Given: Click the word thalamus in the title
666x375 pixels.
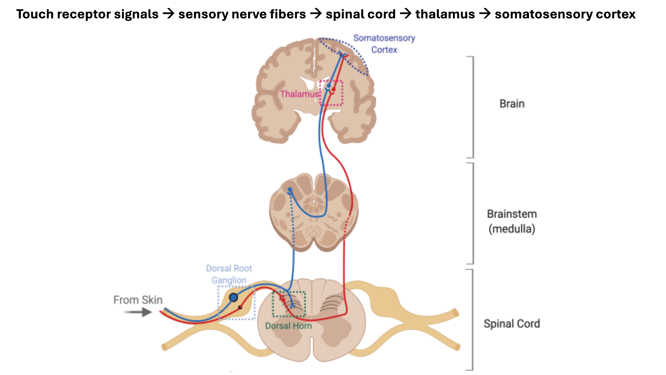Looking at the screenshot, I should tap(445, 14).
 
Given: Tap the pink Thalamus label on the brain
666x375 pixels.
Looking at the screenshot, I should tap(299, 94).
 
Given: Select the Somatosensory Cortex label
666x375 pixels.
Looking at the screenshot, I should tap(384, 44).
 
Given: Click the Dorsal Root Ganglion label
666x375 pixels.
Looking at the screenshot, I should tap(229, 274).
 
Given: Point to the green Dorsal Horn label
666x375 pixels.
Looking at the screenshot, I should tap(288, 326).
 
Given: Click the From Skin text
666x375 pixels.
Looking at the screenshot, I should tap(138, 300).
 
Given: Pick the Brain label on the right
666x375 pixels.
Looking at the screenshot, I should tap(512, 103).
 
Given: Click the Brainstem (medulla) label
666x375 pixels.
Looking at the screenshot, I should tap(512, 221).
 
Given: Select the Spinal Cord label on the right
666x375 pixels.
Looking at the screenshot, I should tap(512, 323).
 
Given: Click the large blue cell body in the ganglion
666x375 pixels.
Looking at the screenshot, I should tap(233, 298).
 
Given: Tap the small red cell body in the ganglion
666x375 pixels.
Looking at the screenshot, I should tap(240, 307).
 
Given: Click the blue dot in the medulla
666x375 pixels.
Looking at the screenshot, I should tap(290, 190).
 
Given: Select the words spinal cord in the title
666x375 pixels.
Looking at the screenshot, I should tap(360, 14).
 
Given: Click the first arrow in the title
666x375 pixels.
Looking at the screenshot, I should tap(169, 14).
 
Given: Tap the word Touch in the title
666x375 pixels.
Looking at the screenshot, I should tap(35, 14).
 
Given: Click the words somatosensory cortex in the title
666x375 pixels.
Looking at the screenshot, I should tap(565, 14).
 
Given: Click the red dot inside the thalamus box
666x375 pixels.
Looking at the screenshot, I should tap(333, 90).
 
